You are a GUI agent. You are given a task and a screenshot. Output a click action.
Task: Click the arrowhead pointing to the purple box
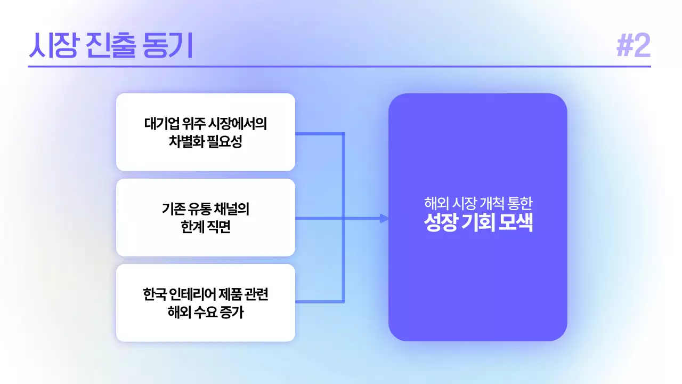click(x=384, y=218)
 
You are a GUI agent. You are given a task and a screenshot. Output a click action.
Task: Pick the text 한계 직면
click(x=206, y=228)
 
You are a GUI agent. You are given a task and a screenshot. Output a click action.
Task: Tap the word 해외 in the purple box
click(x=435, y=203)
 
